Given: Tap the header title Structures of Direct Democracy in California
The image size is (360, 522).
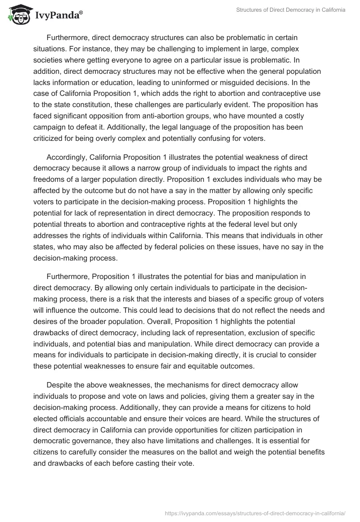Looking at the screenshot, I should point(291,10).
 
